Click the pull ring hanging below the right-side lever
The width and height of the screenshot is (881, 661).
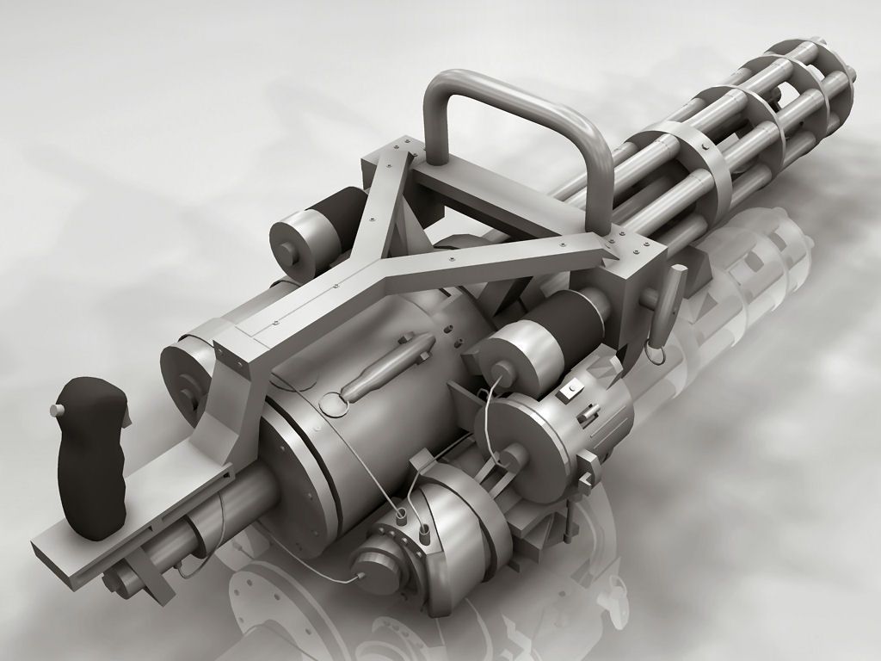pyautogui.click(x=656, y=352)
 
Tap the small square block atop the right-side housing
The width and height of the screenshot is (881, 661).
pyautogui.click(x=568, y=392)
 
